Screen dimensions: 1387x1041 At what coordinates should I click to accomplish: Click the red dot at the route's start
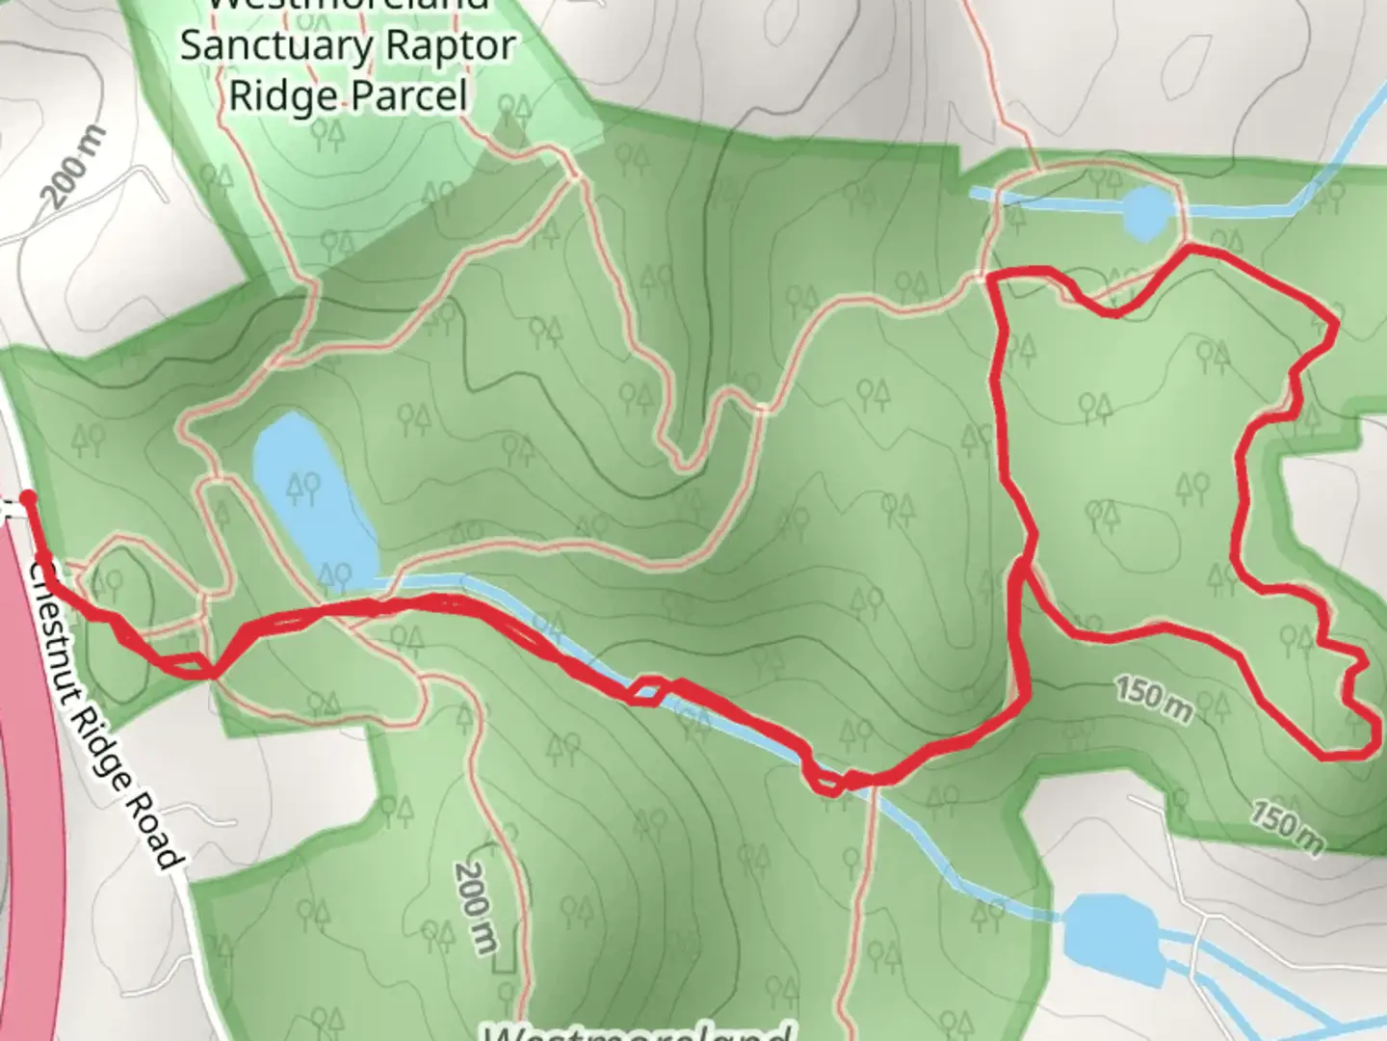tap(28, 497)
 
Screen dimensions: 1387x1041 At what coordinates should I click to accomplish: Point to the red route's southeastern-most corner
tap(1369, 751)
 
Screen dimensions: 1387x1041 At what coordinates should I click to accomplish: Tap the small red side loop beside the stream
tap(648, 691)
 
